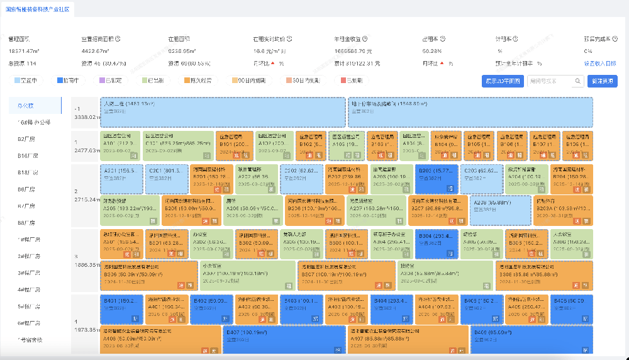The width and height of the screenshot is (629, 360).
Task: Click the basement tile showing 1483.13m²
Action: click(223, 111)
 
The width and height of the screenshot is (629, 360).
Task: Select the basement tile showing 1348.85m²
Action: click(470, 111)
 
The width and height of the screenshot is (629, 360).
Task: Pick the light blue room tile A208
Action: click(501, 210)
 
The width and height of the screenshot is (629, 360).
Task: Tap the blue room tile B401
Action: click(121, 308)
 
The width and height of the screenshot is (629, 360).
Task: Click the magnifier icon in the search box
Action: click(577, 81)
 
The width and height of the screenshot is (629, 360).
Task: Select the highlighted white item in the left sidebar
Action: click(35, 105)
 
